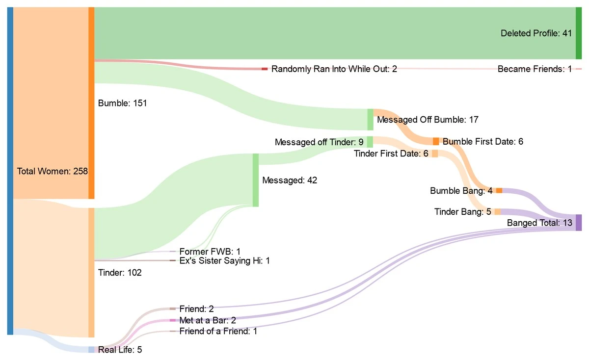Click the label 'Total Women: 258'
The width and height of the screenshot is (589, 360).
point(53,171)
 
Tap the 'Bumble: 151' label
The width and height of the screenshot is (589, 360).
point(122,103)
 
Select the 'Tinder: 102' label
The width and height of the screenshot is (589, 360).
point(120,273)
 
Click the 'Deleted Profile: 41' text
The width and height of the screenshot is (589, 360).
point(536,33)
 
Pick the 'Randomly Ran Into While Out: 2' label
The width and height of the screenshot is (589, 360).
point(334,69)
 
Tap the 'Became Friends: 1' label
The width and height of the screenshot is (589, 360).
point(535,69)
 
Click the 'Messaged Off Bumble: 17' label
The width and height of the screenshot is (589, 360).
point(428,119)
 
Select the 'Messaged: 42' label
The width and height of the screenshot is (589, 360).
point(290,180)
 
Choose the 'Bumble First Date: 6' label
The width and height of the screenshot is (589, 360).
point(483,142)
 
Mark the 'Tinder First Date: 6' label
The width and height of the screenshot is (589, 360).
point(391,154)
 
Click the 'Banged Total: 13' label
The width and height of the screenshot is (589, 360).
point(539,223)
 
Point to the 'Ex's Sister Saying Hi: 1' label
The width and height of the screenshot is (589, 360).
point(224,261)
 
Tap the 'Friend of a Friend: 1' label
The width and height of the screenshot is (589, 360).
point(218,331)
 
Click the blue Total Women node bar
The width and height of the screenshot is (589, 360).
point(10,171)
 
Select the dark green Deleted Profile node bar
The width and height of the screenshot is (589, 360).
point(579,33)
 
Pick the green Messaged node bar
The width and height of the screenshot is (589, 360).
point(255,180)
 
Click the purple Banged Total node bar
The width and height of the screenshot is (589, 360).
point(579,223)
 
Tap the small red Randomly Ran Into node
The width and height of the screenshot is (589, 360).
point(265,69)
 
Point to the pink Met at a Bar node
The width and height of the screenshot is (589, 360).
point(172,320)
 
